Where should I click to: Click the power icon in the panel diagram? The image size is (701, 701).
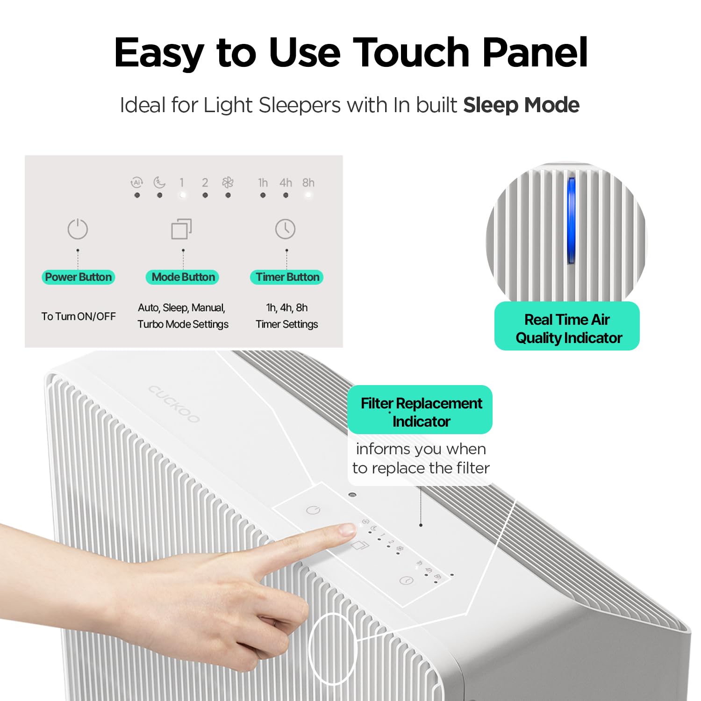[x=78, y=229]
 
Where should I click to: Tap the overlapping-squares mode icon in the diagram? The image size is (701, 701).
[x=181, y=229]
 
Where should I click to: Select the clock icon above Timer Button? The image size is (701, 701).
[x=285, y=229]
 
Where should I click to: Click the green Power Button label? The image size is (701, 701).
[x=79, y=277]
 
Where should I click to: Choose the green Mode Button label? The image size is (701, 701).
[x=183, y=277]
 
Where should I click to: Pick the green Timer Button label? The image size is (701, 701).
[x=287, y=277]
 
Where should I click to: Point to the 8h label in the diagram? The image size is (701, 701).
[x=308, y=183]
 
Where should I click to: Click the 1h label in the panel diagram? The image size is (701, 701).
[x=263, y=183]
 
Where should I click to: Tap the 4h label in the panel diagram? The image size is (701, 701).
[x=286, y=183]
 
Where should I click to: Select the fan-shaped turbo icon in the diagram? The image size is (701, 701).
[x=228, y=182]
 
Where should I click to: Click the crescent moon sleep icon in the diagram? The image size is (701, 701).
[x=159, y=182]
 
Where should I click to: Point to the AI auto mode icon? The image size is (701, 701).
[x=136, y=182]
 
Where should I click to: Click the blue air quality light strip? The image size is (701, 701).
[x=571, y=221]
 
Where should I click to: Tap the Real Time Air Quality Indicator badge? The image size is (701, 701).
[x=567, y=326]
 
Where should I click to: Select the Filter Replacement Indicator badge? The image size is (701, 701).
[x=420, y=410]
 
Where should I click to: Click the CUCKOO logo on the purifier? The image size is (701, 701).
[x=174, y=404]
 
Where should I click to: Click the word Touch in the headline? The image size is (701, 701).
[x=411, y=52]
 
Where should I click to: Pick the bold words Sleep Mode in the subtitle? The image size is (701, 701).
[x=521, y=105]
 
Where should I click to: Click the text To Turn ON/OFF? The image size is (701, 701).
[x=79, y=316]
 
